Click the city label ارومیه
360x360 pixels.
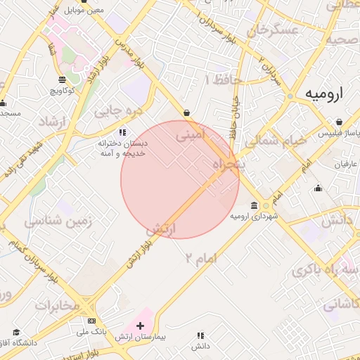[x=328, y=95]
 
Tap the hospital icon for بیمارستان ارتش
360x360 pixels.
[x=140, y=326]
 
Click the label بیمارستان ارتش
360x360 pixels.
[x=141, y=338]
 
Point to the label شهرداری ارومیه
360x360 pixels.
[x=255, y=217]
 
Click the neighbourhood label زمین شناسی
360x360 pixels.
[x=60, y=221]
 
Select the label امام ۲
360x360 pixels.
[x=201, y=258]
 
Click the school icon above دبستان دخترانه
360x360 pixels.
[x=122, y=131]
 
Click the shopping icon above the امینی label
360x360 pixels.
[x=186, y=112]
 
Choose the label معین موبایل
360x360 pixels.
[x=84, y=11]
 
